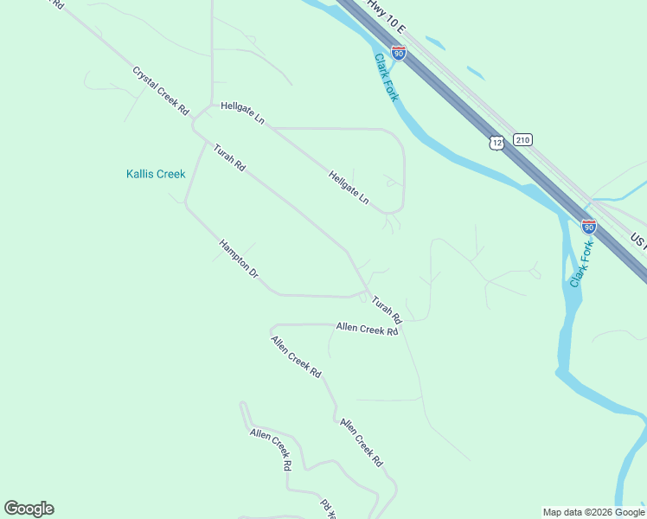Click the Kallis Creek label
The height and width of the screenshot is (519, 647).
pyautogui.click(x=156, y=174)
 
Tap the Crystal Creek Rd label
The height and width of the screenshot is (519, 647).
pyautogui.click(x=161, y=91)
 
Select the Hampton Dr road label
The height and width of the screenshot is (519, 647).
pyautogui.click(x=239, y=259)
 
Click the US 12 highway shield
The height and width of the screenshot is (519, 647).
pyautogui.click(x=495, y=142)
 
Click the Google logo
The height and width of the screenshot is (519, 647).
pyautogui.click(x=29, y=509)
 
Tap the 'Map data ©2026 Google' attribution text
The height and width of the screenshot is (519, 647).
pyautogui.click(x=594, y=512)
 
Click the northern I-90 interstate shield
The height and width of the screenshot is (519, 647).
pyautogui.click(x=398, y=53)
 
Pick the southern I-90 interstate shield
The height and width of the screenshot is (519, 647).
pyautogui.click(x=588, y=227)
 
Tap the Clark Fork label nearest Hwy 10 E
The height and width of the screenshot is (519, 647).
pyautogui.click(x=386, y=77)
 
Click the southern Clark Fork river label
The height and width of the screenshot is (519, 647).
pyautogui.click(x=581, y=263)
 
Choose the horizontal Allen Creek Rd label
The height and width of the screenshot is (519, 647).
pyautogui.click(x=367, y=328)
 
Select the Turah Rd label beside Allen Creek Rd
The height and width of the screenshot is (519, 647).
pyautogui.click(x=387, y=309)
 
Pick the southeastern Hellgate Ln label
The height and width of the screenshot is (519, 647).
pyautogui.click(x=349, y=188)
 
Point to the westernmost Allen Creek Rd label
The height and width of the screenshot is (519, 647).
pyautogui.click(x=270, y=447)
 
